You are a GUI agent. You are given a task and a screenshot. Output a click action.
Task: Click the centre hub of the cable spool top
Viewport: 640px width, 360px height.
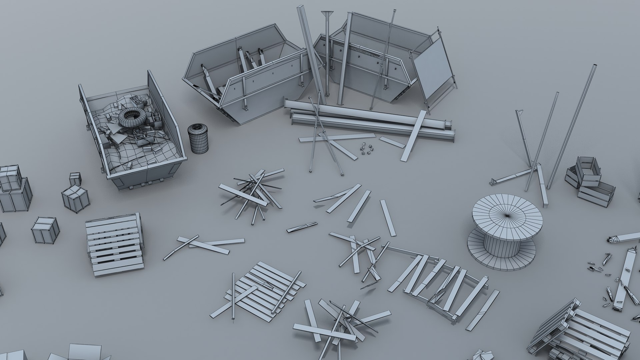coord(507,216)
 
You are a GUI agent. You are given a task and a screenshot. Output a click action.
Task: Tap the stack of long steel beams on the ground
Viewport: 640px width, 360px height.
coord(367,120)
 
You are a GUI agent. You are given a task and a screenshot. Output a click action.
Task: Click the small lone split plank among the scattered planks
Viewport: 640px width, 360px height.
coord(302,227)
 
